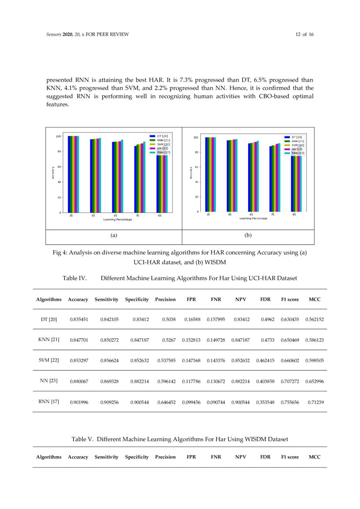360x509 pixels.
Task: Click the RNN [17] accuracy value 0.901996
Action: (x=79, y=402)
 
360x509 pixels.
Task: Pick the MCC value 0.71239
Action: (x=315, y=402)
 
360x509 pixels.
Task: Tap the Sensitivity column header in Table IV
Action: (x=106, y=300)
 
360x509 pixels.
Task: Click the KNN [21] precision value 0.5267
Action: (x=168, y=340)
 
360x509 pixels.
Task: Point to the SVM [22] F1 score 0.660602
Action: (x=289, y=361)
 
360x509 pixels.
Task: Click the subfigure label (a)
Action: (x=114, y=235)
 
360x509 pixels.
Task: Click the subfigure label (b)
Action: (x=248, y=235)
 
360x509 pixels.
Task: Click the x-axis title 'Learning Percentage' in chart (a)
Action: (x=118, y=219)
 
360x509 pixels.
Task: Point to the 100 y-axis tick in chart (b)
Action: (x=195, y=138)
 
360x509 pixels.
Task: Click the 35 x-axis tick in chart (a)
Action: (x=71, y=216)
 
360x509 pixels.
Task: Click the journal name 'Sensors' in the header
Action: (x=54, y=34)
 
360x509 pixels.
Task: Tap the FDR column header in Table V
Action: (x=265, y=457)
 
